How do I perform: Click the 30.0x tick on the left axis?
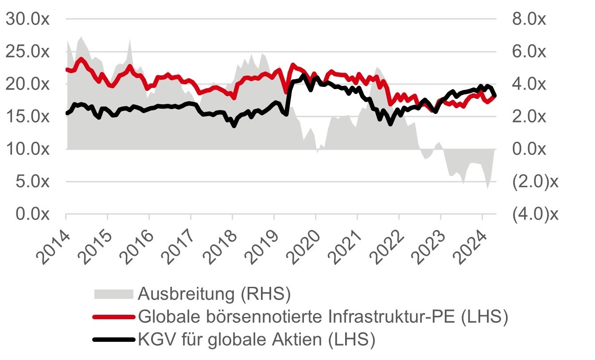27,19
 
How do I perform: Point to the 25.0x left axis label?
27,51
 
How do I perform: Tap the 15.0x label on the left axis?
27,117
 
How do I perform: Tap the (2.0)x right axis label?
535,182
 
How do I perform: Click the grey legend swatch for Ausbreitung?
113,293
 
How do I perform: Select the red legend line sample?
113,317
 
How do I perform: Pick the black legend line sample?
113,340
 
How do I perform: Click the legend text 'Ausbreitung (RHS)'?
214,293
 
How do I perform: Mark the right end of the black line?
495,95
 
